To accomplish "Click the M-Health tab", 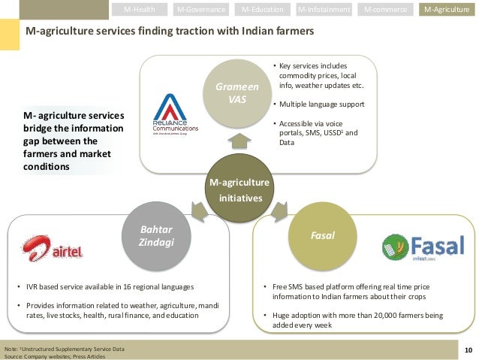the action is click(140, 10).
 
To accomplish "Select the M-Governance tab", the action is click(201, 10).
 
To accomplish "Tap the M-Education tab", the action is click(263, 10).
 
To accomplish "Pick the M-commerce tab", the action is click(385, 10).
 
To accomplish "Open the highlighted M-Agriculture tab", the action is click(447, 10).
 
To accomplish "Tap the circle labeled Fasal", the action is click(321, 236).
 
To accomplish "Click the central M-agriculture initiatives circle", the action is click(241, 189).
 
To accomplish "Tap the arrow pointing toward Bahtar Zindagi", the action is click(199, 207).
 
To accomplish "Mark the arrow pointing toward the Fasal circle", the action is click(282, 207).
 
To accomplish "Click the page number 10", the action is click(468, 349).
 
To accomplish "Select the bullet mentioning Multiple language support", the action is click(323, 104).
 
